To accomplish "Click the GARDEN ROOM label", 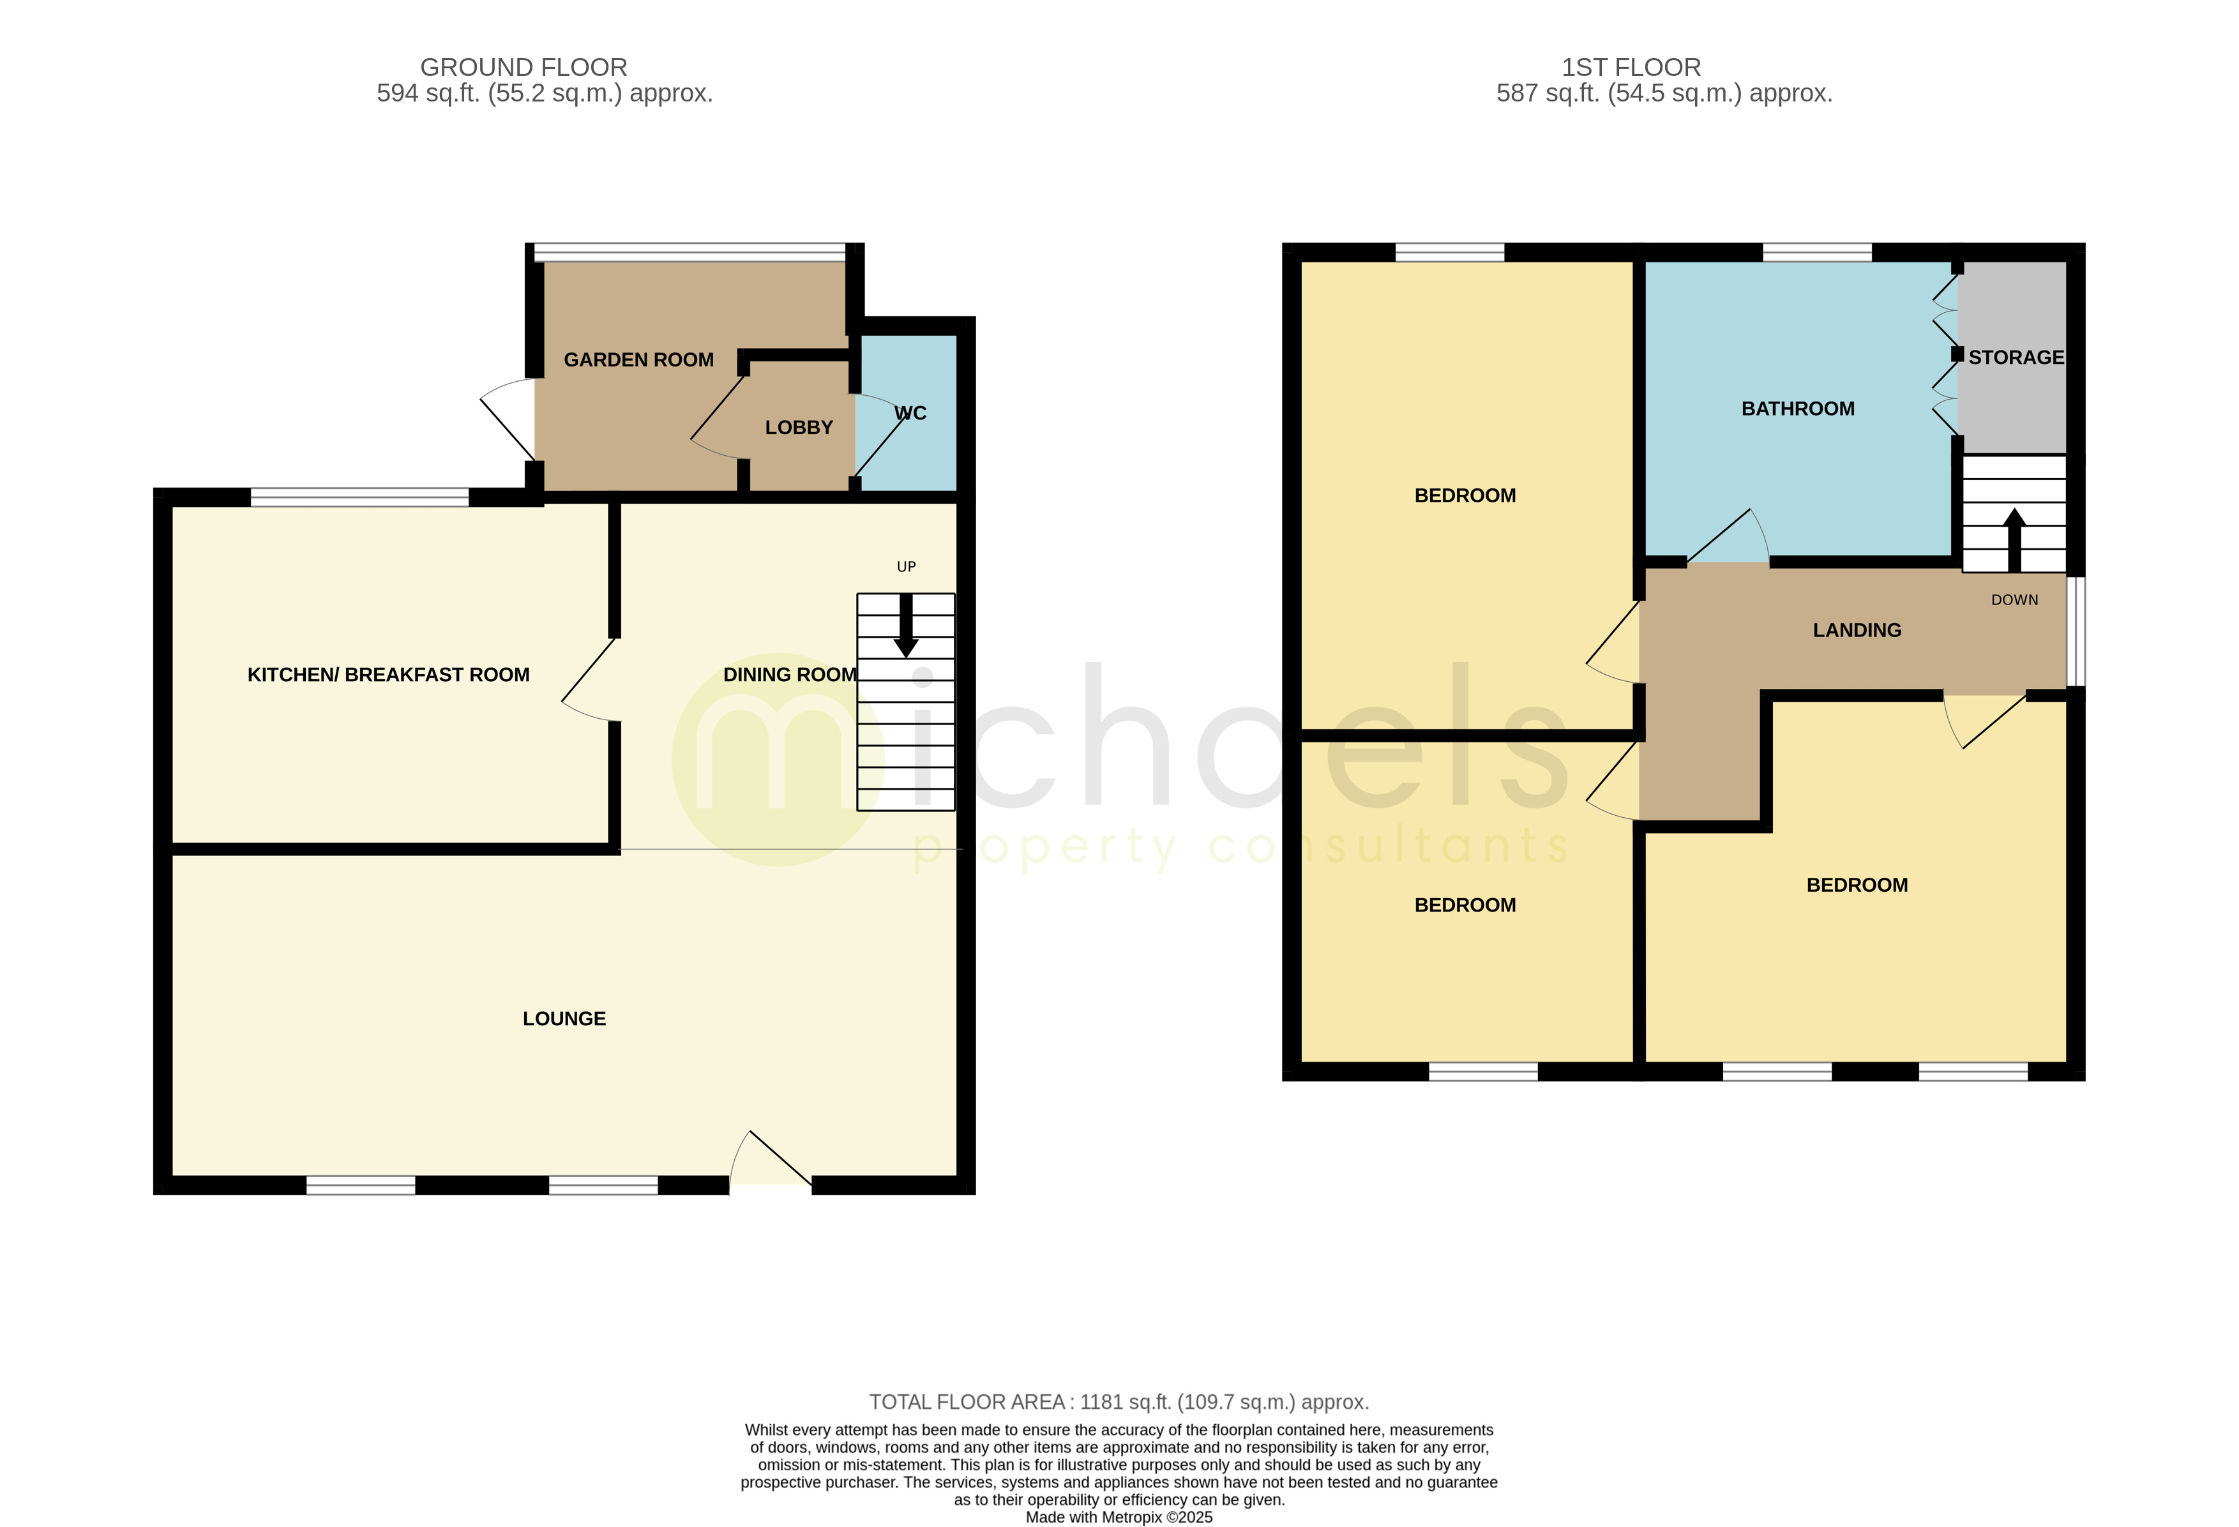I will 638,360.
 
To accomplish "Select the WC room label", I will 910,413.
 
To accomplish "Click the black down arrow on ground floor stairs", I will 905,627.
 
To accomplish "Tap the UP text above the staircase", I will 905,566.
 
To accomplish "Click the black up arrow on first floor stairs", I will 2014,539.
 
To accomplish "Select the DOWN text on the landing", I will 2014,600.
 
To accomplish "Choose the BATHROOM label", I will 1798,409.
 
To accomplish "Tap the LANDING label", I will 1857,631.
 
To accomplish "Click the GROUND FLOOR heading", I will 523,68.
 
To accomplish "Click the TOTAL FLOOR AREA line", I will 1119,1402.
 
